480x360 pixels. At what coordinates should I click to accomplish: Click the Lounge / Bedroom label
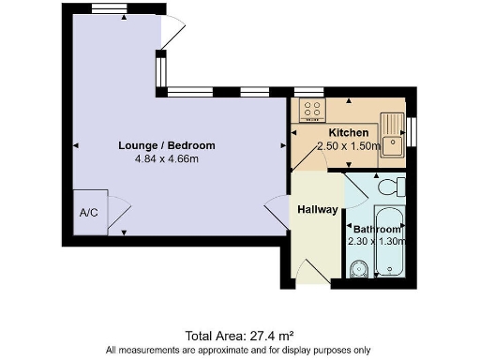pyautogui.click(x=167, y=145)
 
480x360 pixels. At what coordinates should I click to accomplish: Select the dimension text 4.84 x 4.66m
pyautogui.click(x=167, y=158)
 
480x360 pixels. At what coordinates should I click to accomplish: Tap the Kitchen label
pyautogui.click(x=348, y=134)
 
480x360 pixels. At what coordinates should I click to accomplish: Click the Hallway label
pyautogui.click(x=317, y=209)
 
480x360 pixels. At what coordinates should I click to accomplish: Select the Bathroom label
pyautogui.click(x=376, y=229)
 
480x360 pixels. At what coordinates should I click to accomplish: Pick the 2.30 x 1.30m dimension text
pyautogui.click(x=377, y=241)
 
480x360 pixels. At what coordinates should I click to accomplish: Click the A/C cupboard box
pyautogui.click(x=89, y=213)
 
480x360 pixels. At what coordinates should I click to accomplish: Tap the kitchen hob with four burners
pyautogui.click(x=310, y=111)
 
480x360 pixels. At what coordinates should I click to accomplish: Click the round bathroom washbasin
pyautogui.click(x=356, y=271)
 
